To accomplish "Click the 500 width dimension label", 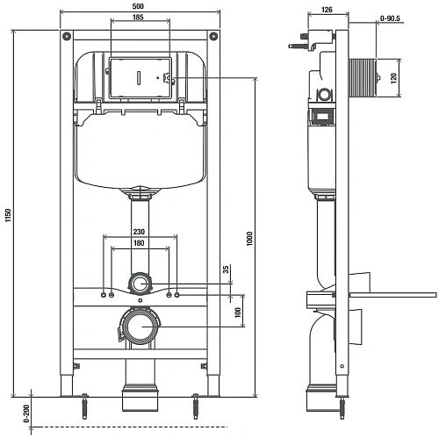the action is pyautogui.click(x=138, y=6).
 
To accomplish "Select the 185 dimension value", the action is pyautogui.click(x=138, y=17).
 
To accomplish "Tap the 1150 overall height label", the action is pyautogui.click(x=8, y=215).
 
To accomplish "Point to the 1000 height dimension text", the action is pyautogui.click(x=249, y=239).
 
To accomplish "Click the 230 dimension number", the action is pyautogui.click(x=139, y=232).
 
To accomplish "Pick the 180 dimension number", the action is pyautogui.click(x=139, y=243).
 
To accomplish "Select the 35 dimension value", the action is pyautogui.click(x=226, y=269).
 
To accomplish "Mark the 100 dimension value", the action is pyautogui.click(x=238, y=312).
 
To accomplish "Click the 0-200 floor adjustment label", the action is pyautogui.click(x=26, y=413).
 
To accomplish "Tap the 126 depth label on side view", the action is pyautogui.click(x=327, y=10).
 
